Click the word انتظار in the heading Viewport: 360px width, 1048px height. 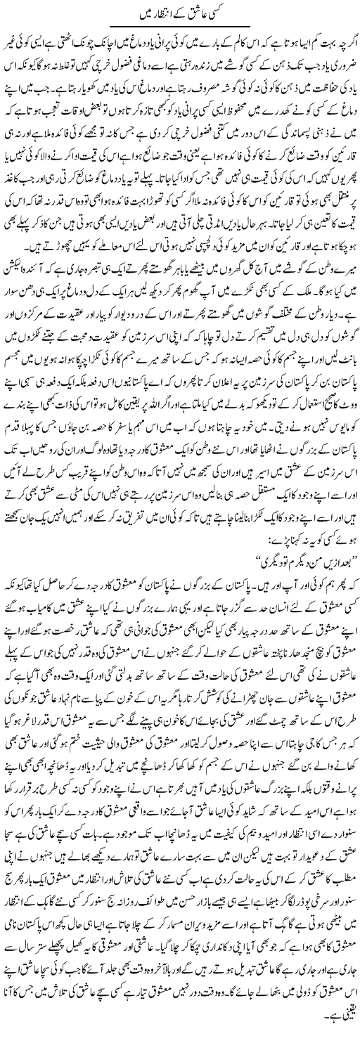[x=160, y=12]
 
